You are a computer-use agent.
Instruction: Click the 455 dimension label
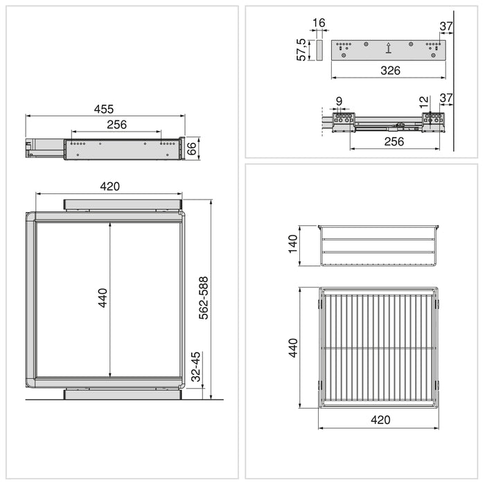tap(104, 109)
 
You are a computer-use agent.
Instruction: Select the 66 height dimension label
tap(193, 148)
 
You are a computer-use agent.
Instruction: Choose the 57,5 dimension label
tap(302, 50)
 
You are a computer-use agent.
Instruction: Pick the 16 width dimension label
tap(319, 24)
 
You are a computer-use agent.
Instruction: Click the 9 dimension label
tap(338, 102)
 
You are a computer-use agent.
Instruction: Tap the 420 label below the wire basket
tap(380, 420)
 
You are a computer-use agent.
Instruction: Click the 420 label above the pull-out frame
tap(110, 186)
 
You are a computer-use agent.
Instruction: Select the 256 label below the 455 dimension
tap(116, 125)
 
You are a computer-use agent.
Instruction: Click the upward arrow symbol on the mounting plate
tap(388, 48)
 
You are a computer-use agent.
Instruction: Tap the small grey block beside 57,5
tap(319, 50)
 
